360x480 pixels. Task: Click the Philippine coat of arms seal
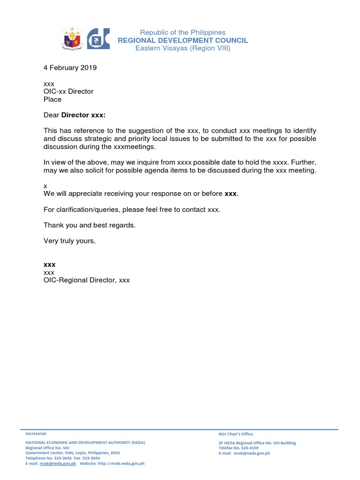click(74, 39)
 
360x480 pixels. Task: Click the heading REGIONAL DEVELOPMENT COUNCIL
click(183, 40)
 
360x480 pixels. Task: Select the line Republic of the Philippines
click(183, 32)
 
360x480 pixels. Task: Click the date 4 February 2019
click(70, 67)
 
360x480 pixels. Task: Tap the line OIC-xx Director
click(68, 91)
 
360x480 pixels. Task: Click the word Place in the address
click(52, 99)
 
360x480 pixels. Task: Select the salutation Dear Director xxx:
click(75, 115)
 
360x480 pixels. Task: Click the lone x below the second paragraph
click(45, 186)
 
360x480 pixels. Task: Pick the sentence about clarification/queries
click(132, 210)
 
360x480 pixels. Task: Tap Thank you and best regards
click(90, 225)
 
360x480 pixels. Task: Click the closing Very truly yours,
click(69, 241)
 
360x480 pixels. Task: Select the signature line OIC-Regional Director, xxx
click(87, 280)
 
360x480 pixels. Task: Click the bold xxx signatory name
click(49, 265)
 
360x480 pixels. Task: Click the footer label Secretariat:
click(36, 434)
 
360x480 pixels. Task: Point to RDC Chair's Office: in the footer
click(236, 434)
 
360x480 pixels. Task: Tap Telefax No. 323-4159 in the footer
click(238, 448)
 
